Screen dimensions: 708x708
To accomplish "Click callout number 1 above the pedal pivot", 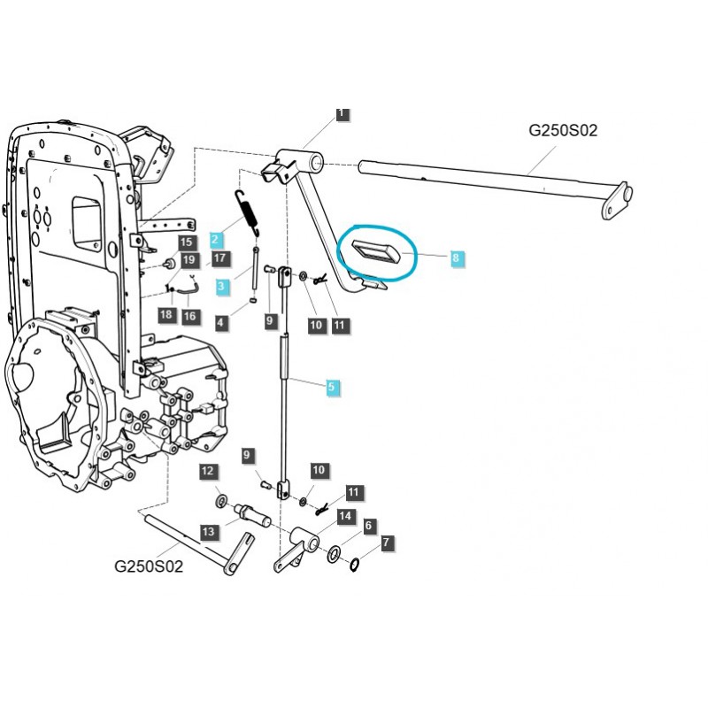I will pyautogui.click(x=342, y=113).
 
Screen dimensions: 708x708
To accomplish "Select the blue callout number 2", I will pyautogui.click(x=216, y=238).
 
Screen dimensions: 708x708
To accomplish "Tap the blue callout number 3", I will pyautogui.click(x=222, y=286).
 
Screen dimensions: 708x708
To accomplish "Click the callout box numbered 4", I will pyautogui.click(x=220, y=324).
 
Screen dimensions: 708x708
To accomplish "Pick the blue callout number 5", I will pyautogui.click(x=332, y=387).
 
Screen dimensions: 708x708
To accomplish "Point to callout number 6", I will pyautogui.click(x=368, y=527).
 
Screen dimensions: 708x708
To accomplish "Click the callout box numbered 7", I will pyautogui.click(x=386, y=542).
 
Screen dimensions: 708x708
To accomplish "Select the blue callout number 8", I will pyautogui.click(x=456, y=258).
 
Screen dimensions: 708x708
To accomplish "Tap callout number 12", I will pyautogui.click(x=207, y=471).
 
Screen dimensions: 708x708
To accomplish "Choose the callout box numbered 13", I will pyautogui.click(x=208, y=532).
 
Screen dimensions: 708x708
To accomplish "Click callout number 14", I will pyautogui.click(x=344, y=516).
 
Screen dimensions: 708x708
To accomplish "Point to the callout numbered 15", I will pyautogui.click(x=185, y=242).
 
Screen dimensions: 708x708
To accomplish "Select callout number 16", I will pyautogui.click(x=190, y=316).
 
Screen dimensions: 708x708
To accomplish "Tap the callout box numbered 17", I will pyautogui.click(x=218, y=259).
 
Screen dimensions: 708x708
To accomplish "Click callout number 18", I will pyautogui.click(x=166, y=316).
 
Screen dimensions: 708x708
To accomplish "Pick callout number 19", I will pyautogui.click(x=189, y=259).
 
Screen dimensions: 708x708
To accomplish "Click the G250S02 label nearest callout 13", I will pyautogui.click(x=149, y=566).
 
